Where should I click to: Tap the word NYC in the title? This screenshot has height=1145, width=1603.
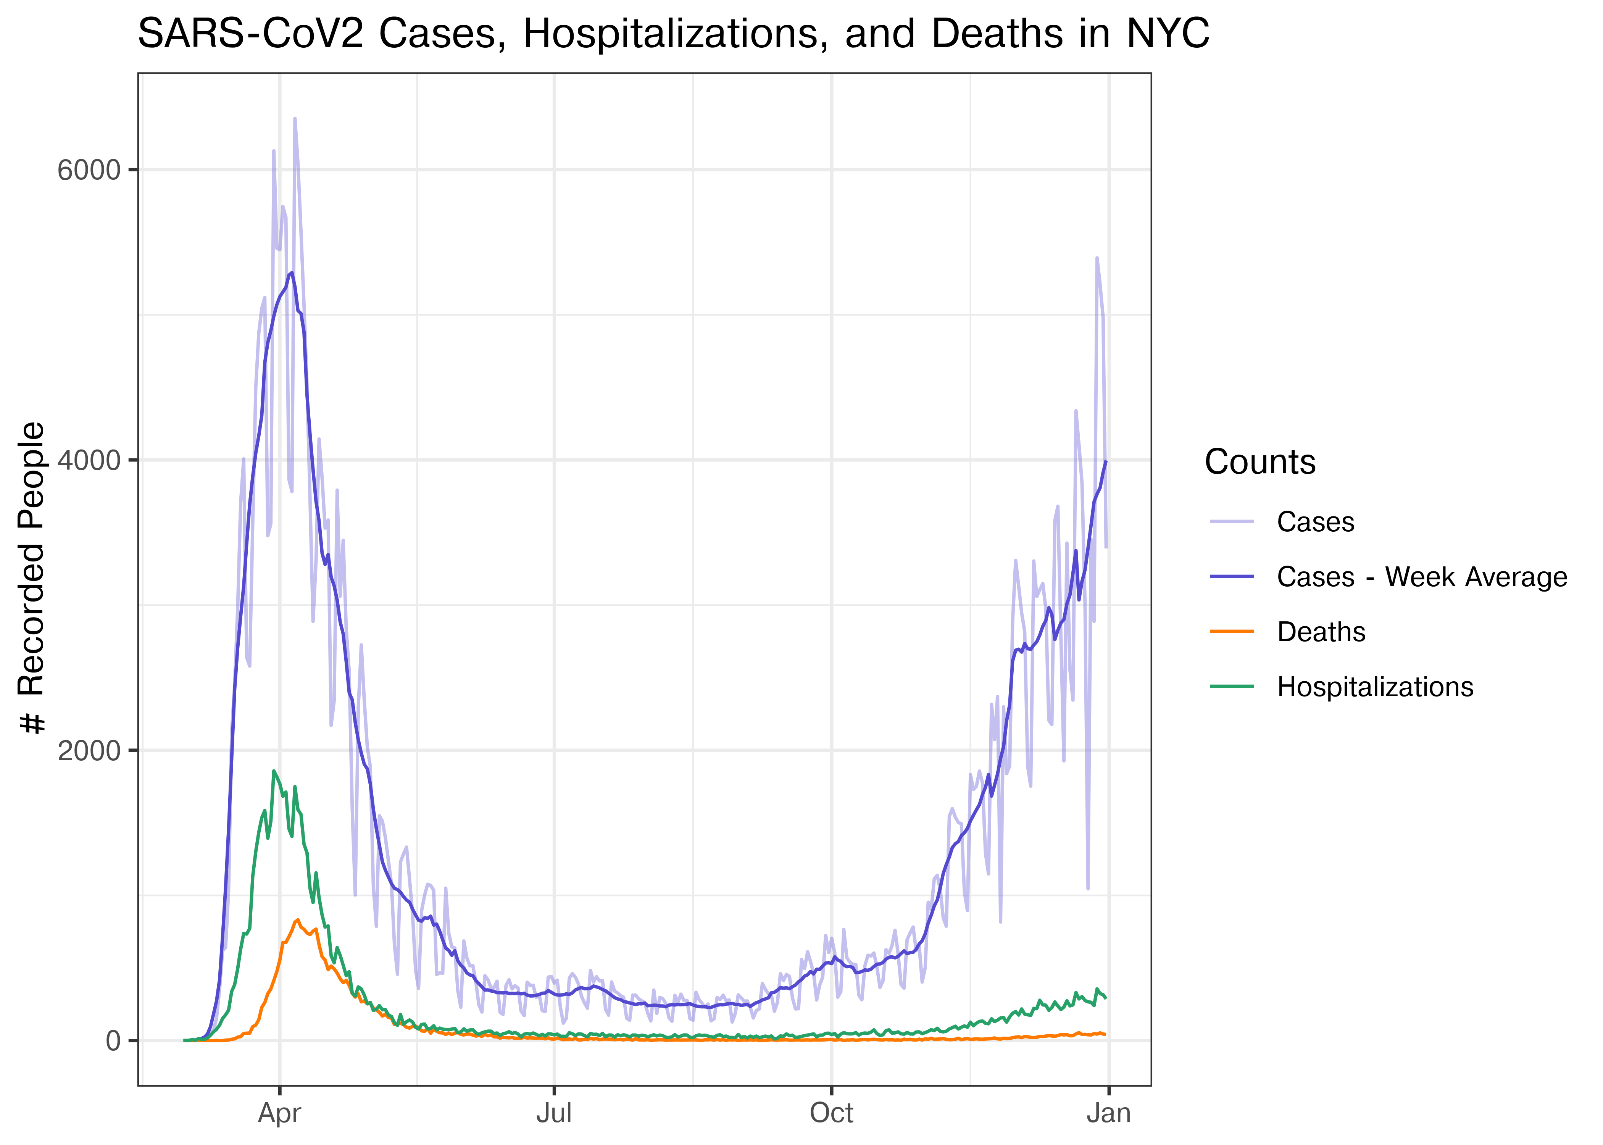(1168, 34)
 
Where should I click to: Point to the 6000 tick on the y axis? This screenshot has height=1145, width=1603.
(89, 170)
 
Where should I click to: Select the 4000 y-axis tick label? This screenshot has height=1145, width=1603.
(89, 460)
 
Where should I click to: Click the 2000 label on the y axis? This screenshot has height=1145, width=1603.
(89, 751)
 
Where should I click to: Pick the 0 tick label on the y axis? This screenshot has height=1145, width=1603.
(113, 1041)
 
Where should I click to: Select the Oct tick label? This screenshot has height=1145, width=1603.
(831, 1113)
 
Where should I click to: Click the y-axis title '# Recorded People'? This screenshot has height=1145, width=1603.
(32, 578)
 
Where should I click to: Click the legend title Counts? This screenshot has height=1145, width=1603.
(1260, 463)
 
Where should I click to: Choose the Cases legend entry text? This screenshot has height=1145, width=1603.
(1315, 523)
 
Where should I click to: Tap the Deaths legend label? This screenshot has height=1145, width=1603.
(1321, 632)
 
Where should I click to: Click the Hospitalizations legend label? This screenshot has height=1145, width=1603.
(1375, 687)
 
